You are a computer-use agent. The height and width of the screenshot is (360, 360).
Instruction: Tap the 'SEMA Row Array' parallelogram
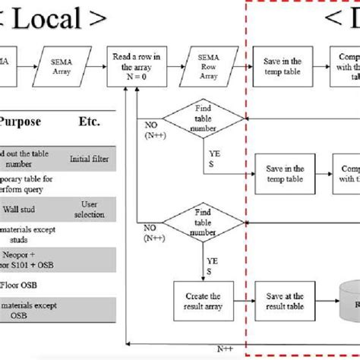click(x=206, y=66)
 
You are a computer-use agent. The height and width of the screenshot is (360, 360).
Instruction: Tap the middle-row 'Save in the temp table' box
click(x=285, y=173)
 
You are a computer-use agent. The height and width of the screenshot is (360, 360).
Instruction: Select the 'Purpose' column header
click(x=21, y=121)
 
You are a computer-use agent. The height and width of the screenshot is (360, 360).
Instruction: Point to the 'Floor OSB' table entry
click(x=21, y=286)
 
